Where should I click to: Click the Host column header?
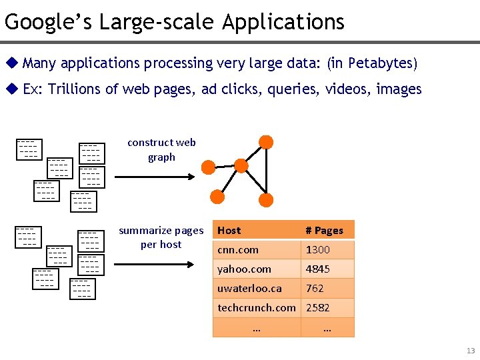[229, 231]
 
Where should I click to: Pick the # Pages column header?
[324, 231]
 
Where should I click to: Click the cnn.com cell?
[237, 250]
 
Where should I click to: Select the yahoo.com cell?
[244, 269]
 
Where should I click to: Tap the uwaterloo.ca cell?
[249, 289]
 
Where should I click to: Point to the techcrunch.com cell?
[257, 308]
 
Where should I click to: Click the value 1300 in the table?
[317, 250]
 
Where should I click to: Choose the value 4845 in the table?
[318, 269]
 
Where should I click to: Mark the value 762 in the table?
[315, 289]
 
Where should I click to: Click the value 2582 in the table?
[318, 308]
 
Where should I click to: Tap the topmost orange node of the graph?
[266, 142]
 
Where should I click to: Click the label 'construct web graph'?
[161, 150]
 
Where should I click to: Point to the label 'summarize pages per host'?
[161, 237]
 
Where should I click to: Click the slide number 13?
[471, 351]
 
